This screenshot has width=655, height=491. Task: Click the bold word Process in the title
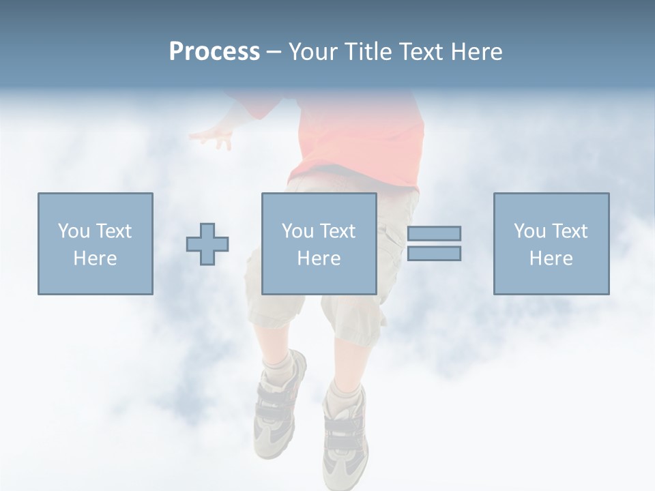tap(214, 52)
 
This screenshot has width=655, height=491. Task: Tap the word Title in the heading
tap(367, 52)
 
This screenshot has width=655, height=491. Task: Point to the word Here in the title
tap(476, 52)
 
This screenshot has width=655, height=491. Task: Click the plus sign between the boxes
tap(207, 243)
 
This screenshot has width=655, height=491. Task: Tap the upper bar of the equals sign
tap(434, 233)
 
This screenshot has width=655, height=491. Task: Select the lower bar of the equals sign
tap(434, 253)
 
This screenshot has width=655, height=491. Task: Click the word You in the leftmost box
tap(73, 231)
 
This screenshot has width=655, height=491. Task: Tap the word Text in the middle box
tap(338, 231)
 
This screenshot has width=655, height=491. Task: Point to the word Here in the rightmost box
tap(551, 258)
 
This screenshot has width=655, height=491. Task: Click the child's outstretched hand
tap(214, 136)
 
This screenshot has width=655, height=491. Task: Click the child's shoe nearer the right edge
tap(345, 436)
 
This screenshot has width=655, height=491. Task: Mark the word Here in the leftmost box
tap(95, 258)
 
